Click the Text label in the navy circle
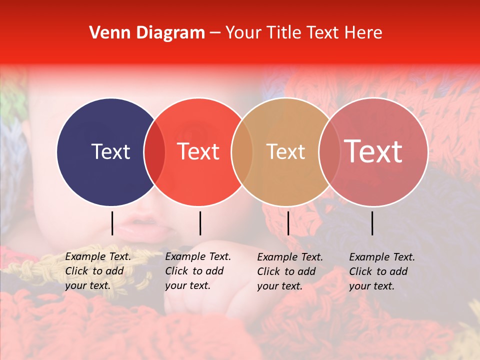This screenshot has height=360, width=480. (x=110, y=151)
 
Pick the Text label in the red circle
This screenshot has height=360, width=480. (x=198, y=151)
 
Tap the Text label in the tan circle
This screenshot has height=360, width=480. (x=286, y=151)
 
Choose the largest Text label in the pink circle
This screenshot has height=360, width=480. (x=373, y=151)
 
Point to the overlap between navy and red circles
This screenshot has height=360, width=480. (x=154, y=152)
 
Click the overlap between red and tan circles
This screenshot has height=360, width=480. (x=242, y=152)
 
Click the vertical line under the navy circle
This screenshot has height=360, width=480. (x=112, y=223)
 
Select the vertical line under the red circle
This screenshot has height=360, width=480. (x=200, y=223)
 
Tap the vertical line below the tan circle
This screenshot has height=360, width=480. (x=288, y=223)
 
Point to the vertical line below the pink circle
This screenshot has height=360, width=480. (x=372, y=223)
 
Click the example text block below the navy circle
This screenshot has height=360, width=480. (x=97, y=271)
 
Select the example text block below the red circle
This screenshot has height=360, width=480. (x=197, y=271)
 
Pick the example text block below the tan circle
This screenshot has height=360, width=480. (x=289, y=271)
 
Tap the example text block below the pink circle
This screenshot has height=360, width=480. (x=381, y=271)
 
